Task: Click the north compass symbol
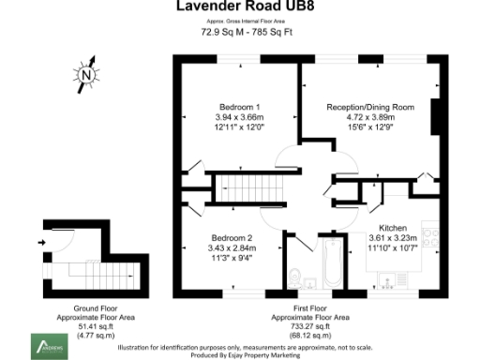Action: pos(86,74)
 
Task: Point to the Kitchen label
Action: pos(393,228)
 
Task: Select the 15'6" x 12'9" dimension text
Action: pos(369,128)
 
